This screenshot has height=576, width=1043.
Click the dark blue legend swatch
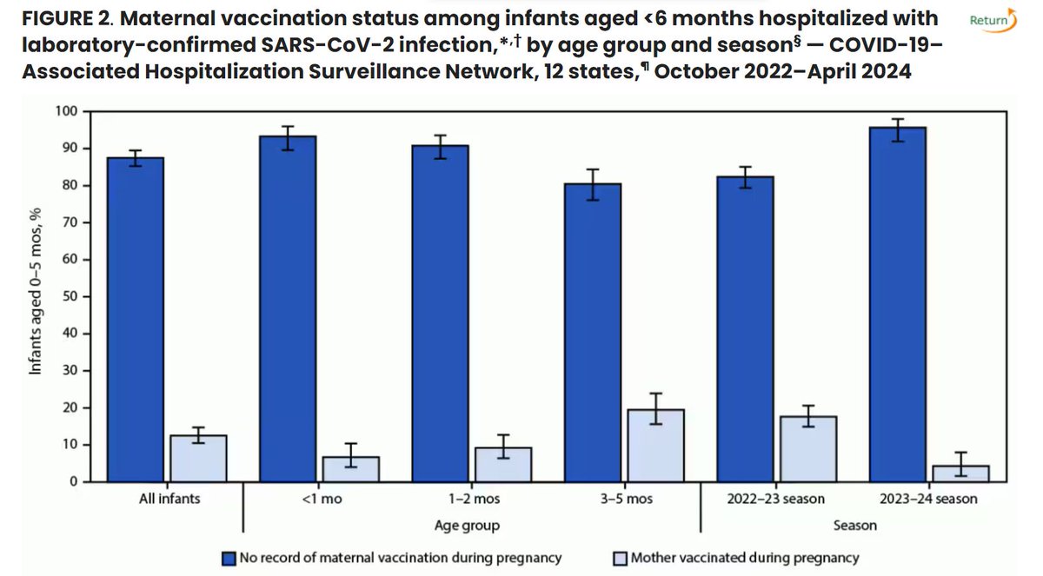(229, 558)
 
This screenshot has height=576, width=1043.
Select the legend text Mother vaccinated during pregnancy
(745, 558)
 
